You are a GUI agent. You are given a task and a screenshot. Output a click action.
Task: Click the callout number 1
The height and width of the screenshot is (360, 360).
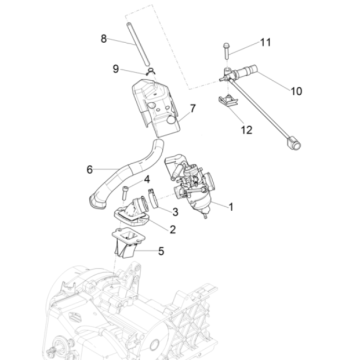[x=233, y=208]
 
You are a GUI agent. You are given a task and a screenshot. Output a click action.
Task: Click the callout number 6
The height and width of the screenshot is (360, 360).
[x=89, y=169]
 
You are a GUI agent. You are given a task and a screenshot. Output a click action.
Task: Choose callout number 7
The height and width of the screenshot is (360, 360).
[x=193, y=107]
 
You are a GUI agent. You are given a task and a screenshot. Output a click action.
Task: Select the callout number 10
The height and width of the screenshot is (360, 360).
[x=296, y=91]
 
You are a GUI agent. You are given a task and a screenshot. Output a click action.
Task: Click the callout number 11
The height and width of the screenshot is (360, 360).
[x=265, y=42]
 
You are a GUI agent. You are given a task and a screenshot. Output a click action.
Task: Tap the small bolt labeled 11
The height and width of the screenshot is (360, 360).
[x=228, y=45]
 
